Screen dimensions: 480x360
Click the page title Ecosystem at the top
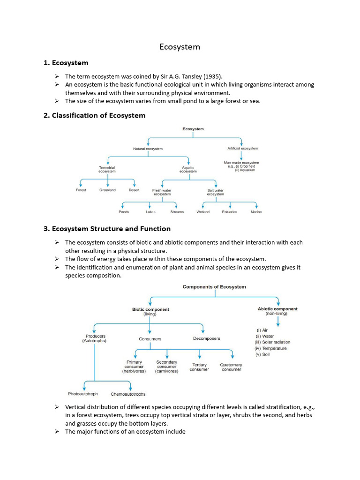(x=180, y=47)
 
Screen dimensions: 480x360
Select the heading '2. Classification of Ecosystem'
(x=94, y=115)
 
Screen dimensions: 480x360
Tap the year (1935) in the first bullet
(x=226, y=76)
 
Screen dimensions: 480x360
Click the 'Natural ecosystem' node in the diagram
(x=148, y=149)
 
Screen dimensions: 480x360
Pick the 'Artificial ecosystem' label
(x=242, y=149)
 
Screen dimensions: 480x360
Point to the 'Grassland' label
(x=107, y=190)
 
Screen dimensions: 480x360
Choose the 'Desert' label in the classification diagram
(x=134, y=190)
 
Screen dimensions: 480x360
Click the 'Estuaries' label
(x=230, y=212)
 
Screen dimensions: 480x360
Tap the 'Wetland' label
(x=203, y=212)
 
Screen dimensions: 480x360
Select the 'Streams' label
(x=177, y=212)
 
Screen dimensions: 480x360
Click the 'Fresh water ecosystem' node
(x=162, y=192)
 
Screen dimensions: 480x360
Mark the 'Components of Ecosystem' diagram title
(x=214, y=287)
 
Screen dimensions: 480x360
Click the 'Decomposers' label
(x=206, y=338)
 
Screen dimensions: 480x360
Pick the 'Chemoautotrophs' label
(x=128, y=394)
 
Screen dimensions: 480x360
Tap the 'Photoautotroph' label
(x=83, y=394)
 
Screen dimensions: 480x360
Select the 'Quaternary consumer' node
(x=231, y=367)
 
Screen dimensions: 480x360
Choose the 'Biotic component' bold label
(x=150, y=309)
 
